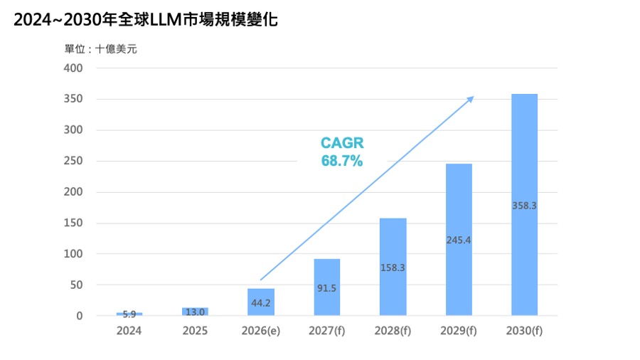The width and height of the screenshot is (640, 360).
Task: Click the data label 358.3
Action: tap(524, 206)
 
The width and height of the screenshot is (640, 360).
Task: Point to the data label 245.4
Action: tap(459, 240)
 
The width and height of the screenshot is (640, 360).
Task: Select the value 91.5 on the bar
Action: tap(327, 289)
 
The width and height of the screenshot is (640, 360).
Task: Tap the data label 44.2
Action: tap(261, 303)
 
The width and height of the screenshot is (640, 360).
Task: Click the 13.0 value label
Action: tap(195, 312)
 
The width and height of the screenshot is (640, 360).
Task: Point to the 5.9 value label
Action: tap(129, 314)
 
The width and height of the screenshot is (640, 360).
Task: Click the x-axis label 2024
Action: tap(129, 331)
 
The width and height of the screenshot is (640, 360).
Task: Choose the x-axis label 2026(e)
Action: tap(261, 331)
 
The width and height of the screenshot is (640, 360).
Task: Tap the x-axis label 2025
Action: tap(195, 331)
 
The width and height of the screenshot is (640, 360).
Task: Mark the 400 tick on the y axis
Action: tap(74, 68)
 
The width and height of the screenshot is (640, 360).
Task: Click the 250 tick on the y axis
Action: tap(74, 162)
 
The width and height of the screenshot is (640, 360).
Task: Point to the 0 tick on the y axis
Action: tap(80, 316)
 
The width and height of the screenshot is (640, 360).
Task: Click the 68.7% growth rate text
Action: tap(342, 162)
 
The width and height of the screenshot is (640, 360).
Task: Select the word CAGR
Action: tap(342, 144)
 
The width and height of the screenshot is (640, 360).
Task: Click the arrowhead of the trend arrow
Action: tap(470, 98)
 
